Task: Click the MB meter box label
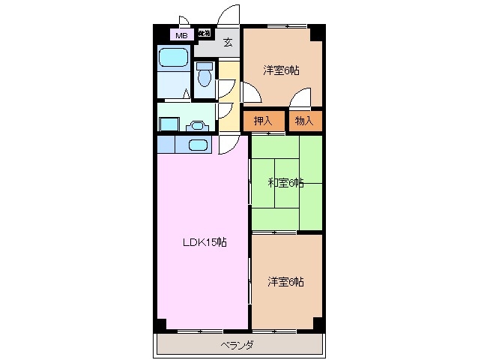coord(181,34)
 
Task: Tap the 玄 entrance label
coord(228,42)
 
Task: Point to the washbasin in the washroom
coord(199,126)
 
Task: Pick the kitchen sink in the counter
coord(198,145)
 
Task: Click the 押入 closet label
coord(262,120)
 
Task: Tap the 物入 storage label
coord(305,120)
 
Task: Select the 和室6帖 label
coord(285,182)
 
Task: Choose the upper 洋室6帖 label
coord(281,70)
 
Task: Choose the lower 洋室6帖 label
coord(285,281)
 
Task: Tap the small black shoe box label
coord(204,33)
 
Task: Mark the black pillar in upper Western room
coord(317,32)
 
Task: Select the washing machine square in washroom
coord(169,124)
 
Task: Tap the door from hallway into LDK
coord(227,145)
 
